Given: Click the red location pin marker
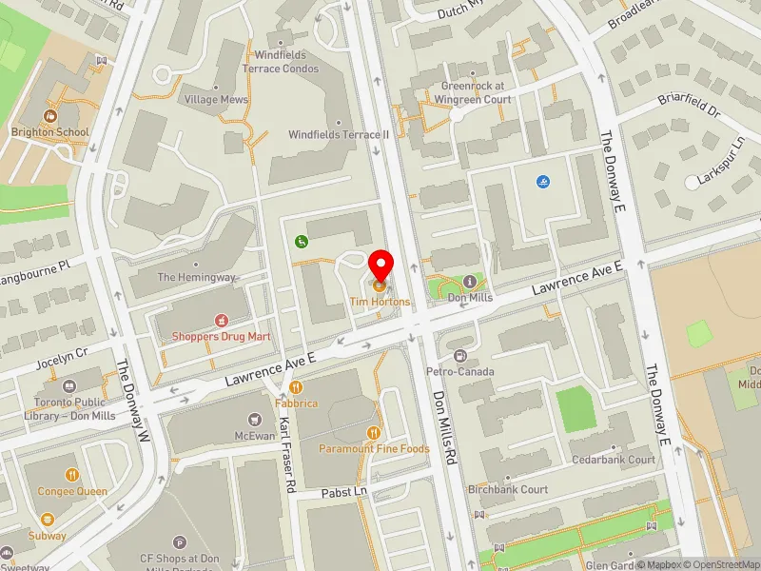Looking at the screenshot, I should (x=381, y=265).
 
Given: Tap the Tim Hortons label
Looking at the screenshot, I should (x=380, y=302).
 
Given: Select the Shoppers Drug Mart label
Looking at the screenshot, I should (x=222, y=336).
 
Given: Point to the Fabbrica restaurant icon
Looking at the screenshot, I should (x=297, y=387).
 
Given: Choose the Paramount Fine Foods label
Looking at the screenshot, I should (x=374, y=448).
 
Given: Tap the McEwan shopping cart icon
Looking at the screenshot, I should (x=254, y=419).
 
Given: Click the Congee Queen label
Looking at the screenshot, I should (x=72, y=492).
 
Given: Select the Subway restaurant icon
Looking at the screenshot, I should (x=48, y=520).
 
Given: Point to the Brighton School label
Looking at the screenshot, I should (x=50, y=132).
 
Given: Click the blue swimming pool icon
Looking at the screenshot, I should (x=542, y=182).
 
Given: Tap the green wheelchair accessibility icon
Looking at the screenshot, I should (x=302, y=242).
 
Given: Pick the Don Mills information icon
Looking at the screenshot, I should (x=469, y=282).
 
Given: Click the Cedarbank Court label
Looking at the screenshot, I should (x=614, y=460).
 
